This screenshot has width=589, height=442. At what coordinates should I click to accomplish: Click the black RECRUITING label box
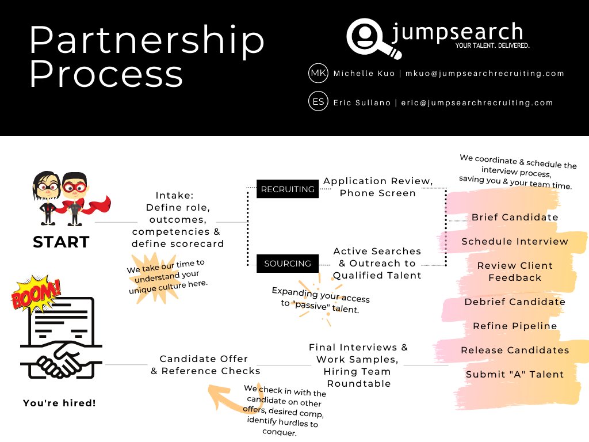pyautogui.click(x=288, y=189)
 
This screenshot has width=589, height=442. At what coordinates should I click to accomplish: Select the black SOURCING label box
pyautogui.click(x=288, y=264)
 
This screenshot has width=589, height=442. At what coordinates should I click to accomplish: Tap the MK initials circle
pyautogui.click(x=318, y=73)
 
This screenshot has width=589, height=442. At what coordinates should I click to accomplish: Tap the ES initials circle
pyautogui.click(x=318, y=102)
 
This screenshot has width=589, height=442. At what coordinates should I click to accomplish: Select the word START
pyautogui.click(x=61, y=242)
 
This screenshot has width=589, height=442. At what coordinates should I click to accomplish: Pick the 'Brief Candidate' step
pyautogui.click(x=515, y=217)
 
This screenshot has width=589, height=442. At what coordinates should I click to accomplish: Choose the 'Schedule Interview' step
pyautogui.click(x=515, y=241)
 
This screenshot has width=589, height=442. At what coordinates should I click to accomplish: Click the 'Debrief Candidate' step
pyautogui.click(x=515, y=302)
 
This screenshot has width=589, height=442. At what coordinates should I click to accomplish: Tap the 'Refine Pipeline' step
pyautogui.click(x=515, y=326)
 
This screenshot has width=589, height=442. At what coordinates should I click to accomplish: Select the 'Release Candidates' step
pyautogui.click(x=515, y=350)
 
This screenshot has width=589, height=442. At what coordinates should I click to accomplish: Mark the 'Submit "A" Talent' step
pyautogui.click(x=515, y=374)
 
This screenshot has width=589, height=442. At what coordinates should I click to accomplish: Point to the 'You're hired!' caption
pyautogui.click(x=59, y=403)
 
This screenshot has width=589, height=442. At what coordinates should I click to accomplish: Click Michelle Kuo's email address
pyautogui.click(x=485, y=74)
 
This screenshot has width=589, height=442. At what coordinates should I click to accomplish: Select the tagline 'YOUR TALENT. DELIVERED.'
pyautogui.click(x=492, y=45)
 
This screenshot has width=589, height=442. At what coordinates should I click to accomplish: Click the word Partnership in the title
pyautogui.click(x=147, y=40)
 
